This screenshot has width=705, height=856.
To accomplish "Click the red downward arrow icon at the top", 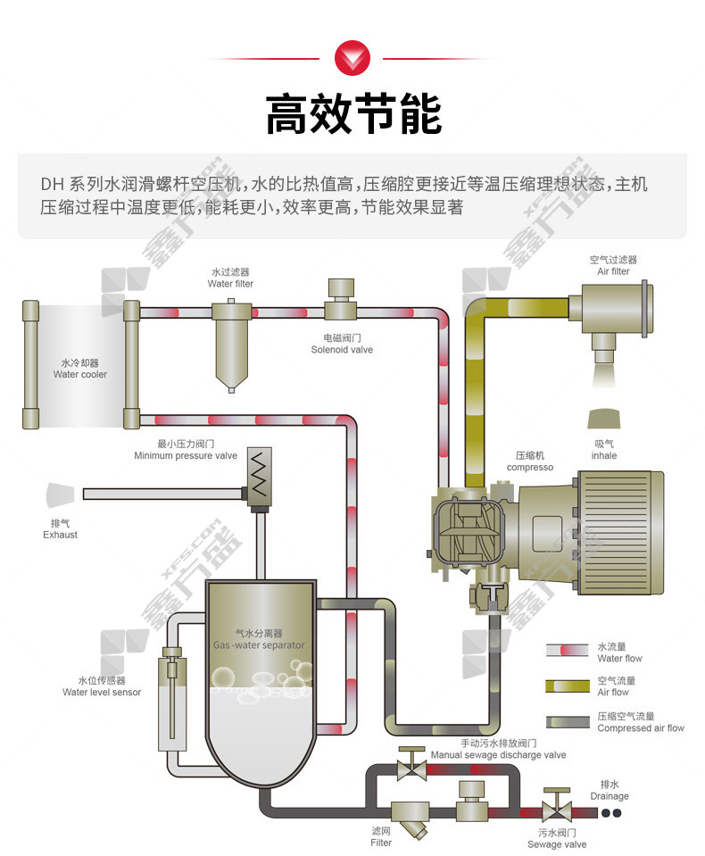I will coord(352,58).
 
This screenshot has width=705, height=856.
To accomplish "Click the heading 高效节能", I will coord(352,115).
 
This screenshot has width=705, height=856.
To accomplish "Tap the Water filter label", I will coord(230,284).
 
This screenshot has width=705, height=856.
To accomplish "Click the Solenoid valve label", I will coord(342,350).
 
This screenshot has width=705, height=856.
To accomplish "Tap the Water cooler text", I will coord(79,375).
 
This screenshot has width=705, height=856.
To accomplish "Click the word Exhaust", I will coord(60,535).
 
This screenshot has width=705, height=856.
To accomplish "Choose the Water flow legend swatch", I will coord(566,652).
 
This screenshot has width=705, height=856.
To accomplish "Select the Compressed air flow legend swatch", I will coord(566,721).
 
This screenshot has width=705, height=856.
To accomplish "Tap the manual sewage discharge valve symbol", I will coord(411,762).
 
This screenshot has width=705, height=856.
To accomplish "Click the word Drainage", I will coord(610,796).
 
